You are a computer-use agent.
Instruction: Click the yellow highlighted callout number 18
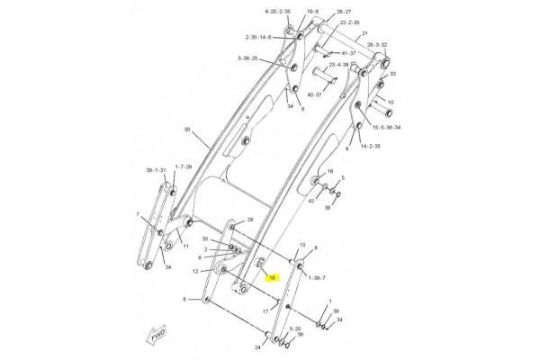(x=272, y=279)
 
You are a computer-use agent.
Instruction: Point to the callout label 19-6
(x=288, y=12)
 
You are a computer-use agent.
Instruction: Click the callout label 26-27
(x=319, y=12)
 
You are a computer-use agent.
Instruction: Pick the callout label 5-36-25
(x=247, y=58)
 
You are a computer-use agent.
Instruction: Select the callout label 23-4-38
(x=338, y=65)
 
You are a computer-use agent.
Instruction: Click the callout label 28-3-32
(x=377, y=44)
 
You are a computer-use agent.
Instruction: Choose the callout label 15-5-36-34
(x=384, y=128)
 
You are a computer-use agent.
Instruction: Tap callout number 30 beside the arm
(x=187, y=131)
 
